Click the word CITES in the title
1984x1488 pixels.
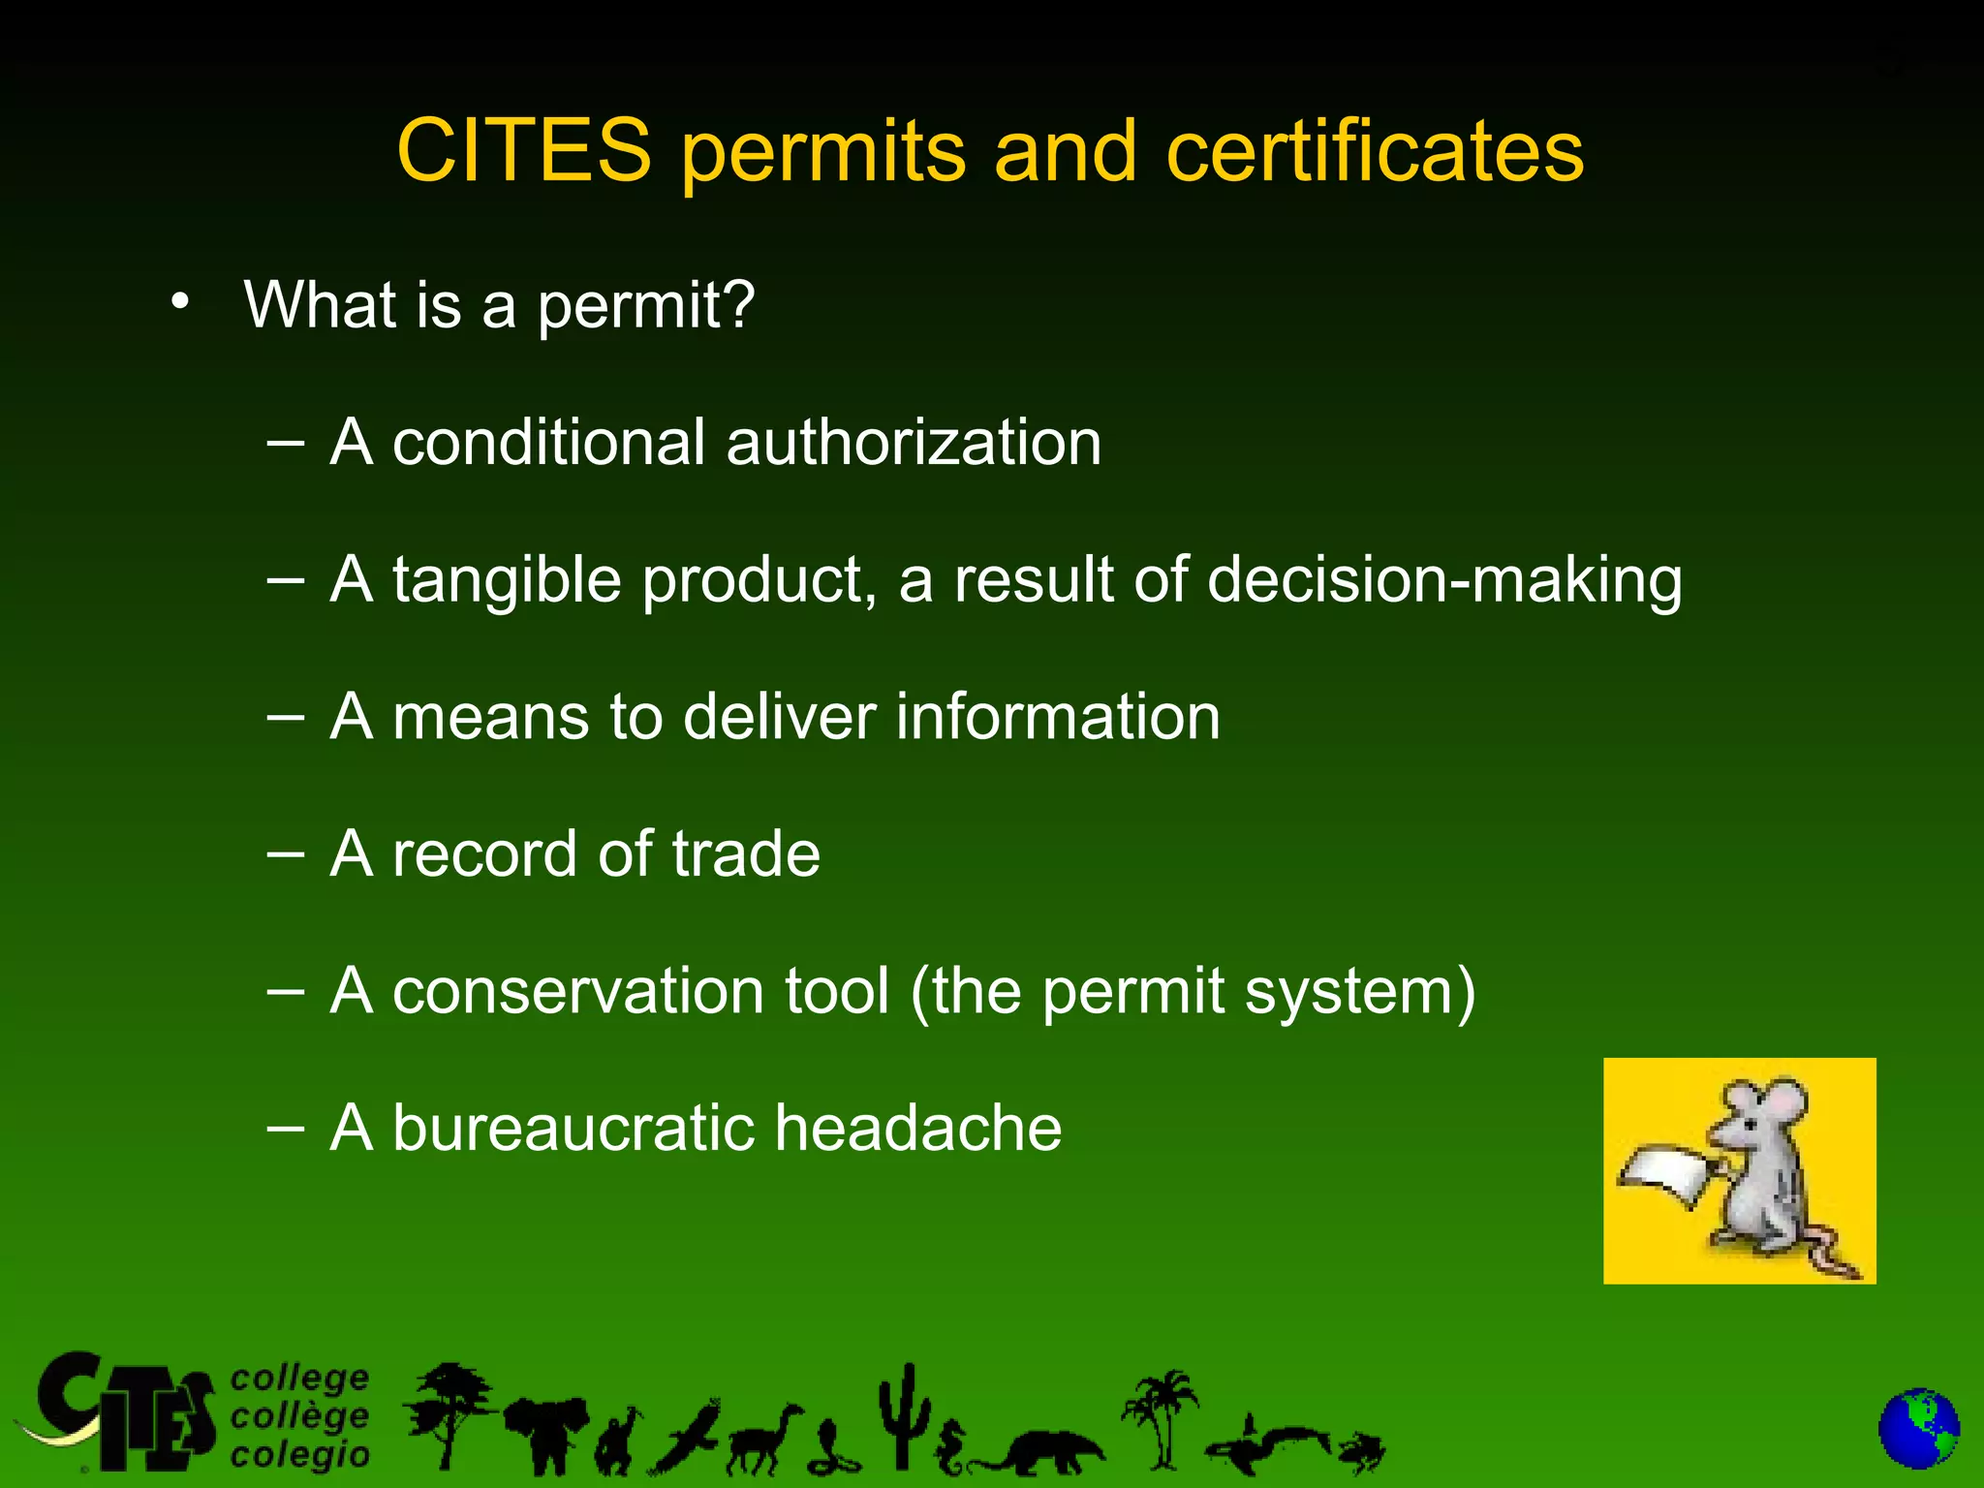524,151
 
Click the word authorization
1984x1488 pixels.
913,443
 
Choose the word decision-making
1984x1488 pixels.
1444,580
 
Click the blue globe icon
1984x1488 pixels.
1918,1430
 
